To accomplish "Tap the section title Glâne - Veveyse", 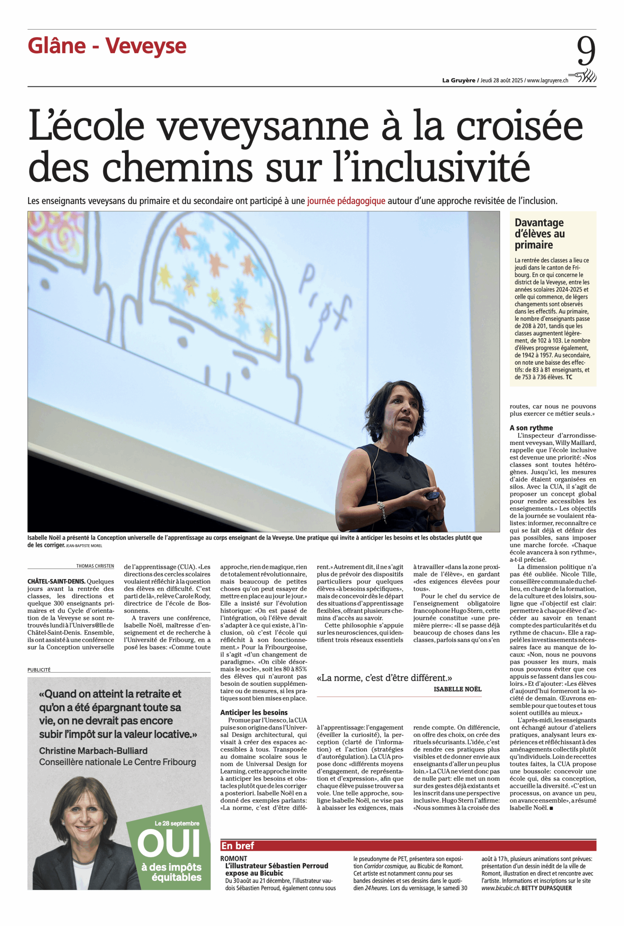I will (107, 46).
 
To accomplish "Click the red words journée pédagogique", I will (346, 201).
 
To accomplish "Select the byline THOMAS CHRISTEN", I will (95, 566).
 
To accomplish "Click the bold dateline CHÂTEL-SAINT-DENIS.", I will (56, 582).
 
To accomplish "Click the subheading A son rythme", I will (531, 428).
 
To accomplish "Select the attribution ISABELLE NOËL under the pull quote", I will (457, 689).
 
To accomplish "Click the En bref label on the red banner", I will (238, 846).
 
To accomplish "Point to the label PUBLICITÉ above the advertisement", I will (39, 670).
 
